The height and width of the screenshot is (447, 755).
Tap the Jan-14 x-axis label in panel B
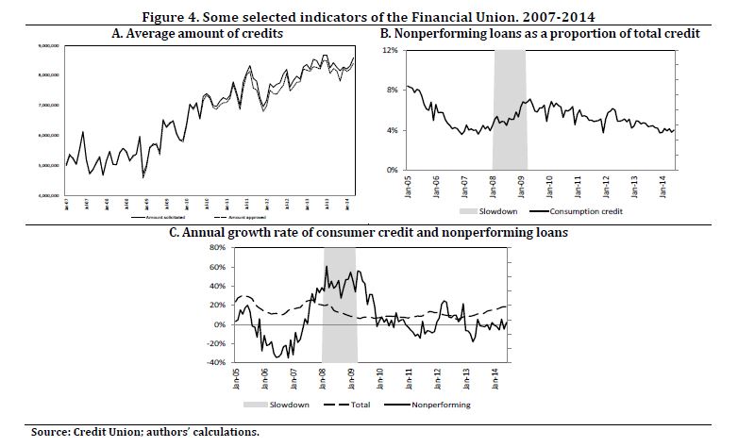click(663, 184)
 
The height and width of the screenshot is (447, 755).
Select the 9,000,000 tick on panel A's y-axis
click(49, 44)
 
